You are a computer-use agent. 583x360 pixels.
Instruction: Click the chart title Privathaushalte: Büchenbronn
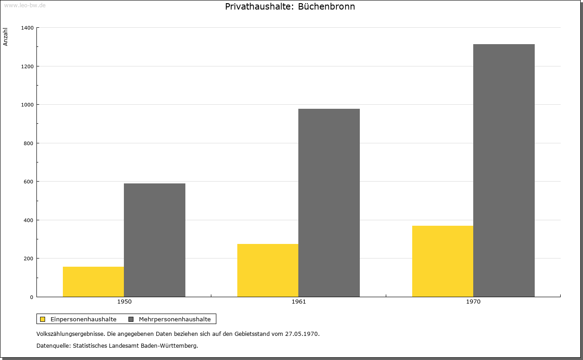click(x=290, y=7)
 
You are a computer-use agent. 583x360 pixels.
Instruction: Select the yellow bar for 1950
click(x=93, y=282)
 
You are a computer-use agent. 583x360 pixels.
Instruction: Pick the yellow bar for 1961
click(x=268, y=270)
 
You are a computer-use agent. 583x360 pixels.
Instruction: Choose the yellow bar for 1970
click(x=443, y=261)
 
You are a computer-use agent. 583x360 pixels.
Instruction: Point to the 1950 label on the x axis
click(x=124, y=302)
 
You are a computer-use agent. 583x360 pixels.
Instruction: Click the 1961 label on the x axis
click(x=299, y=302)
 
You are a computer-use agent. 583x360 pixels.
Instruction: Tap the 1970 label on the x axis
click(x=473, y=302)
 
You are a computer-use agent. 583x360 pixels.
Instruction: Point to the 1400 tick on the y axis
click(x=27, y=28)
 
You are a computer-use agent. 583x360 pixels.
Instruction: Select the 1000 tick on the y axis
click(x=27, y=105)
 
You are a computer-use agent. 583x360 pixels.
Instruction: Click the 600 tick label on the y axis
click(x=29, y=182)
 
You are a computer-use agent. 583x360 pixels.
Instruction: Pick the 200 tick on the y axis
click(x=29, y=259)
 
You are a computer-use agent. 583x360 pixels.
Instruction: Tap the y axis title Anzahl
click(x=5, y=37)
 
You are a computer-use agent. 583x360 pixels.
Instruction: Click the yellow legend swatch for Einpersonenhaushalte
click(x=43, y=319)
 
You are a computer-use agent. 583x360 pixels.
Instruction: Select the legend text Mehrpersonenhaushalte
click(x=175, y=319)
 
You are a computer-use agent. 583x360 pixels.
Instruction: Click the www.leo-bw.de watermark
click(x=25, y=5)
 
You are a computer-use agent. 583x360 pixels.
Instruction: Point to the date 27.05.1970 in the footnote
click(x=302, y=334)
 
